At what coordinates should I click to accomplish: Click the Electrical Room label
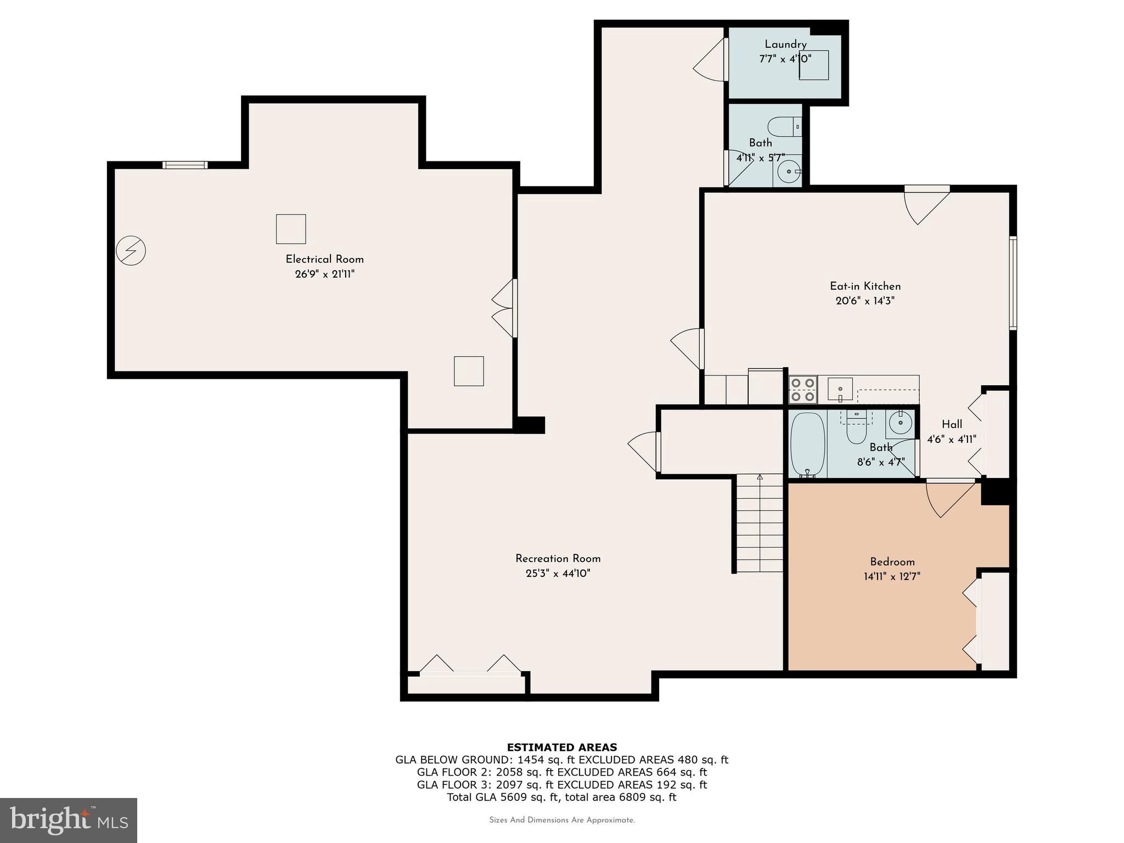coord(324,259)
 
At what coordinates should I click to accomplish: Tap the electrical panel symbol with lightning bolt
coord(131,251)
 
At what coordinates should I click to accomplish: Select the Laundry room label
coord(785,44)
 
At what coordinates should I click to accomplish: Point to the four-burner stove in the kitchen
coord(802,390)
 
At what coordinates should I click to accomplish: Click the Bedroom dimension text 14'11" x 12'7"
coord(892,577)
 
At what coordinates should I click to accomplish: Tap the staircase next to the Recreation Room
coord(760,524)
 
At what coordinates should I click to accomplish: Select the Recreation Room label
coord(558,559)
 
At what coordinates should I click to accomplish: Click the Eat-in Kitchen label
coord(865,286)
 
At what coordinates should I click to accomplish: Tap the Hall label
coord(952,424)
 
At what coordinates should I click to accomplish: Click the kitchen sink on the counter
coord(840,389)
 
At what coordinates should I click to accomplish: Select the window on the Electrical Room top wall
coord(185,165)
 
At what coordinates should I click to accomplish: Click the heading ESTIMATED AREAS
coord(561,747)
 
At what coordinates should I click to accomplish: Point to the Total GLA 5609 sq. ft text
coord(561,797)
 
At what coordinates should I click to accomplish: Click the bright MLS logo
coord(68,820)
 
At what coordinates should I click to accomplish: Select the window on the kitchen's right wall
coord(1013,283)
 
